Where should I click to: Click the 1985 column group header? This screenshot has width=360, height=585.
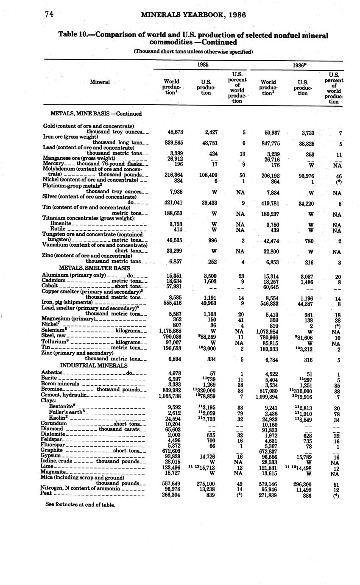[202, 65]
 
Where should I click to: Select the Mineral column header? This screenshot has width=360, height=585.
[100, 82]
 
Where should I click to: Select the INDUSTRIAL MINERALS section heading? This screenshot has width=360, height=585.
[94, 365]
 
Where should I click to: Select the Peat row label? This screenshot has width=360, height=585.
[46, 493]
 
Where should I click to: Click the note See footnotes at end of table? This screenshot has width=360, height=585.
[80, 504]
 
